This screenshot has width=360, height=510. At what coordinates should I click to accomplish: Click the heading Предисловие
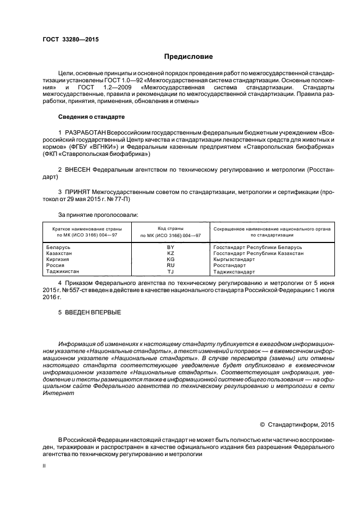pyautogui.click(x=189, y=57)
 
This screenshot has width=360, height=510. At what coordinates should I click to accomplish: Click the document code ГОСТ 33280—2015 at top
pyautogui.click(x=70, y=39)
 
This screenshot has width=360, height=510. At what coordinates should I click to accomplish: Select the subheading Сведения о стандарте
pyautogui.click(x=91, y=117)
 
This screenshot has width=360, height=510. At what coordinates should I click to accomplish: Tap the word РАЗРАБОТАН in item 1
pyautogui.click(x=86, y=133)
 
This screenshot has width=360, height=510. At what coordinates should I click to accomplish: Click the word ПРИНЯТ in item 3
pyautogui.click(x=78, y=192)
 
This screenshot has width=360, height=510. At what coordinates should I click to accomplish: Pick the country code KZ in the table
pyautogui.click(x=170, y=253)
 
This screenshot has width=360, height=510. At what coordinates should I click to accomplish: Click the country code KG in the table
pyautogui.click(x=170, y=259)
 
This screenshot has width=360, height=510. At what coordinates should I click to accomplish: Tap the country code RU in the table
pyautogui.click(x=170, y=265)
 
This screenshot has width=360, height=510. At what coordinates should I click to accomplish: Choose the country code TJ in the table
pyautogui.click(x=170, y=271)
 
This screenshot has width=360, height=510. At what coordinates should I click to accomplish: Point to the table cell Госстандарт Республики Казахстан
pyautogui.click(x=258, y=253)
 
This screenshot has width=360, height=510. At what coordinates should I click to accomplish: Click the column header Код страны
pyautogui.click(x=170, y=228)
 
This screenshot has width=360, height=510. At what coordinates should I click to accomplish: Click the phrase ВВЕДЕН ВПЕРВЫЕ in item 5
pyautogui.click(x=93, y=313)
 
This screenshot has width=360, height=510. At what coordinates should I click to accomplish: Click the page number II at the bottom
pyautogui.click(x=44, y=466)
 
